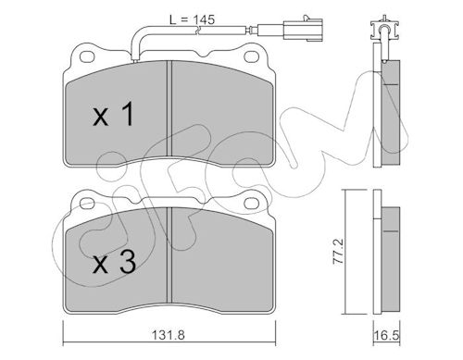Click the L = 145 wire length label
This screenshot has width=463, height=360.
(x=192, y=19)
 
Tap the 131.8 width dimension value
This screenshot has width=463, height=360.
(x=169, y=334)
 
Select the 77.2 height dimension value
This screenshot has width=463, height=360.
(x=339, y=251)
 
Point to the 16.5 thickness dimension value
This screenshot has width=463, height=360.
(x=386, y=335)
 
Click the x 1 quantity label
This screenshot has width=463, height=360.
(x=114, y=114)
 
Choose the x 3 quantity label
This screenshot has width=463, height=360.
(x=114, y=262)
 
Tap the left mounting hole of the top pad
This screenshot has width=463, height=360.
(x=87, y=56)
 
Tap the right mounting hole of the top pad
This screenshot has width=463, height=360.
(x=251, y=56)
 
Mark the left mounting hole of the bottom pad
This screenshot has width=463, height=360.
(x=87, y=203)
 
